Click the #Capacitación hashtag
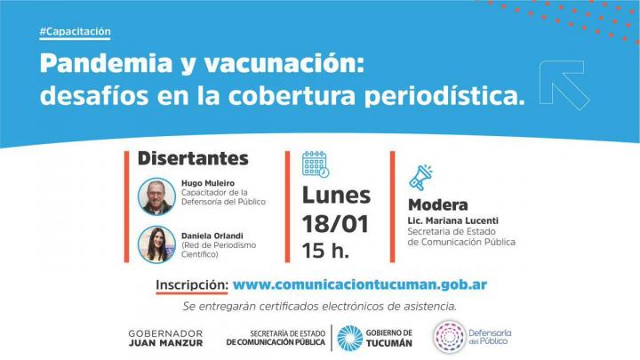click(x=75, y=31)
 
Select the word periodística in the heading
click(x=444, y=96)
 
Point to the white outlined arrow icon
click(x=564, y=85)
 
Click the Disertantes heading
click(x=193, y=158)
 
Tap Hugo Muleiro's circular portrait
click(x=156, y=196)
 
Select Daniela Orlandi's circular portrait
click(x=156, y=244)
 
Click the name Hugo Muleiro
click(x=208, y=183)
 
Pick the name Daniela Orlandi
click(x=212, y=236)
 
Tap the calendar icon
click(x=316, y=164)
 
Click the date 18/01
click(x=335, y=224)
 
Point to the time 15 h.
click(x=325, y=251)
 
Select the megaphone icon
click(x=420, y=178)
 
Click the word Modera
click(x=438, y=205)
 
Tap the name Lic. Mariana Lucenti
click(x=453, y=220)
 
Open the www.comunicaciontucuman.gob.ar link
click(x=360, y=285)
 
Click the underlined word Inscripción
click(x=192, y=285)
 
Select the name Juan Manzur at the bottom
click(x=165, y=343)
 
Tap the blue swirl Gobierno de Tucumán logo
click(x=350, y=339)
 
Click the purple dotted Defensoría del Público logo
click(x=450, y=337)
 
